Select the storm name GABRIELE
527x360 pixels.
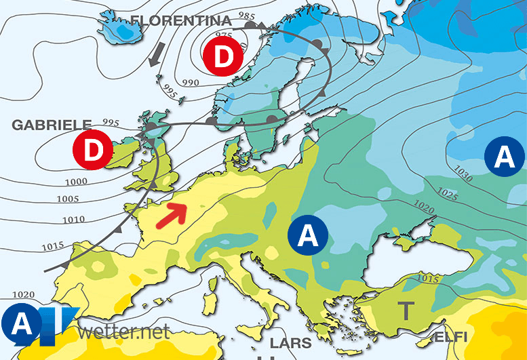tap(52, 125)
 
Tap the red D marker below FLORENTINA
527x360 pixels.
tap(222, 58)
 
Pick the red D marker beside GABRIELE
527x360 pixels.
tap(92, 149)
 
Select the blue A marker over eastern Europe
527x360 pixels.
tap(308, 235)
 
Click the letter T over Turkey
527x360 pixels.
tap(405, 311)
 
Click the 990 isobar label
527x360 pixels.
tap(190, 83)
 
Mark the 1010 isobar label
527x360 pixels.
tap(74, 219)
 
